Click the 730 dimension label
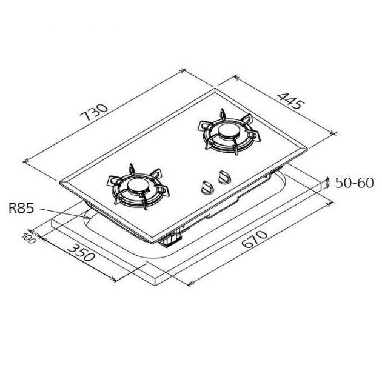click(94, 113)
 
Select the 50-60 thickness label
click(355, 183)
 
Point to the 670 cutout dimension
click(256, 240)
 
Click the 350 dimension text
click(81, 252)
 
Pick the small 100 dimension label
click(28, 238)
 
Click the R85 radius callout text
click(21, 209)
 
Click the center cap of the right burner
click(228, 132)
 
